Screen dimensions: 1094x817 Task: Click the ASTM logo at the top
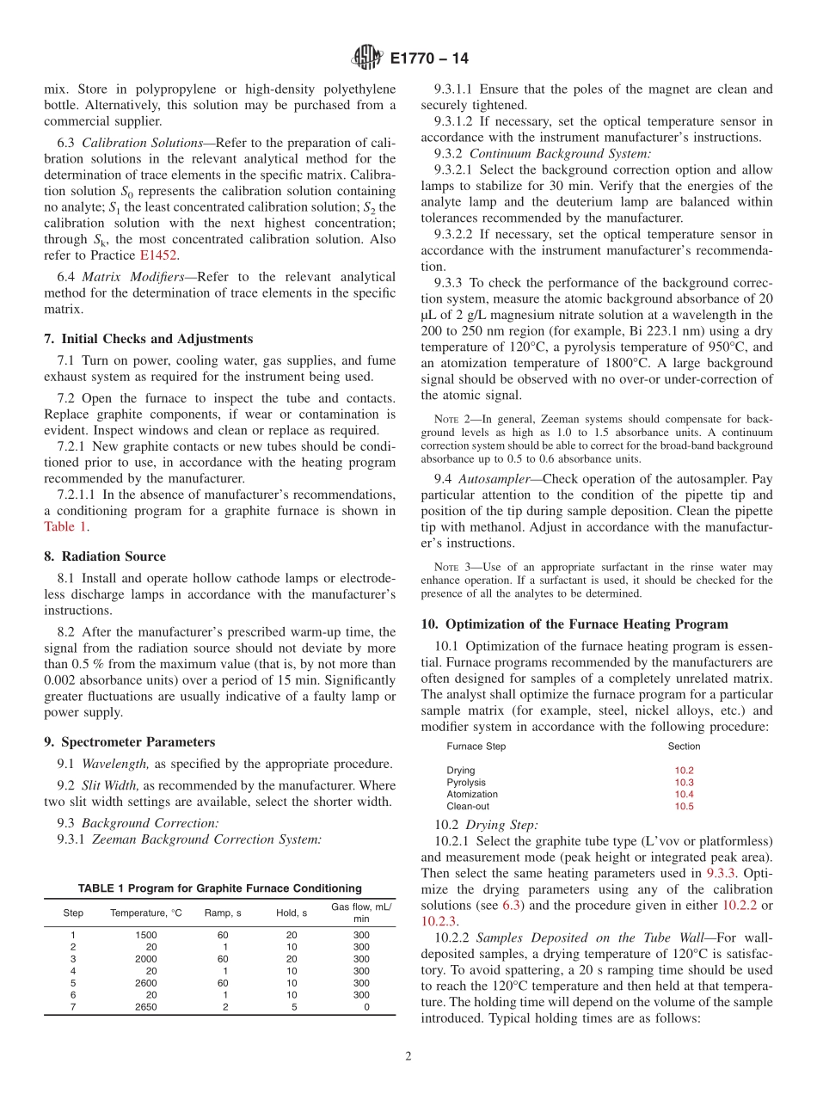click(x=367, y=58)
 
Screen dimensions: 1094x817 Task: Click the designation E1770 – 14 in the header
click(x=429, y=59)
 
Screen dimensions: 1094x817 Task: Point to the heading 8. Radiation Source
click(x=105, y=556)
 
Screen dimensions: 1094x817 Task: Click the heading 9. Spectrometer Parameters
click(x=129, y=742)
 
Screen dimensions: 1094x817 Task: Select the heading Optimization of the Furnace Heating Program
click(x=587, y=624)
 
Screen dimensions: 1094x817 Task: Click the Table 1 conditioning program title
click(x=219, y=888)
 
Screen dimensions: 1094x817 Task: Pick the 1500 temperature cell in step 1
click(x=146, y=934)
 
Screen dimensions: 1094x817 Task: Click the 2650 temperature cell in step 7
click(x=146, y=1006)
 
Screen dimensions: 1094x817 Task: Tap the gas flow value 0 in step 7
click(x=366, y=1006)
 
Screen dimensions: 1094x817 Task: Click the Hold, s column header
click(x=292, y=913)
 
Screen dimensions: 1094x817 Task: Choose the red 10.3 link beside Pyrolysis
click(x=684, y=783)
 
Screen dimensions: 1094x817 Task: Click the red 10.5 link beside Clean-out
click(x=684, y=807)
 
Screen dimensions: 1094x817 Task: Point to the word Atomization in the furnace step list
click(x=472, y=795)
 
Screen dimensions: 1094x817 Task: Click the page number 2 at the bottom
click(x=408, y=1057)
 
